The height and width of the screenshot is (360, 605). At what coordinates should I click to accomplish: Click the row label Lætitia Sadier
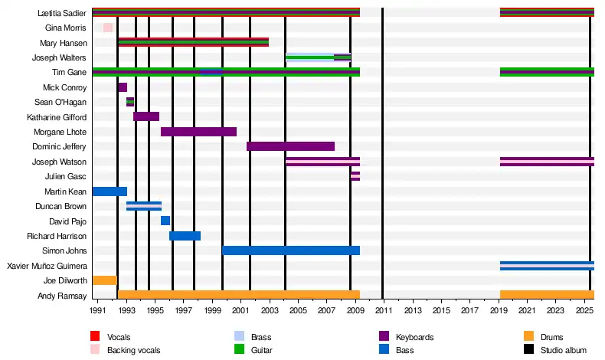pos(62,14)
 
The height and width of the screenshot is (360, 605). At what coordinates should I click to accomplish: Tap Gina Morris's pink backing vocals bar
pos(108,28)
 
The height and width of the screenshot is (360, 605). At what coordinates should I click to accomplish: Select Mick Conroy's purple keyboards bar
pos(123,87)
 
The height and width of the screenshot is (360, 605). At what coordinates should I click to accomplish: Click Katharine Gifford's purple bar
pos(146,116)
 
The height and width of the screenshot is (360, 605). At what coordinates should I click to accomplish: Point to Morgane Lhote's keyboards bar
pos(198,132)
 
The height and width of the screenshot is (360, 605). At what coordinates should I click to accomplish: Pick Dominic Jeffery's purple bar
pos(290,146)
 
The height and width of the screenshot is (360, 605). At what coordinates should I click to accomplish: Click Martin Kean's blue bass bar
pos(110,191)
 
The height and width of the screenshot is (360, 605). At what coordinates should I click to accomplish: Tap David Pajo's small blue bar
pos(165,221)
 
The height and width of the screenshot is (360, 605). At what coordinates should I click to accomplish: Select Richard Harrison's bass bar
pos(185,236)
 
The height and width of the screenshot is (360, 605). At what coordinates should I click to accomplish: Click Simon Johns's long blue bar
pos(291,250)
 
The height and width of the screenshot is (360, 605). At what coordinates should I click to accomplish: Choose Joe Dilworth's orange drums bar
pos(104,280)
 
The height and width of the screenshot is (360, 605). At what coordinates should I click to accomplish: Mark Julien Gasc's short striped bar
pos(355,176)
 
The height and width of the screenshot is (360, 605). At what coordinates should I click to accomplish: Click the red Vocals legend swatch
pos(95,336)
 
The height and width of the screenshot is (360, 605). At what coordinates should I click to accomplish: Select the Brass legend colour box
pos(239,336)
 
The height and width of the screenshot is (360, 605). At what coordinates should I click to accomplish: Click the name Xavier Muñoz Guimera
pos(47,266)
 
